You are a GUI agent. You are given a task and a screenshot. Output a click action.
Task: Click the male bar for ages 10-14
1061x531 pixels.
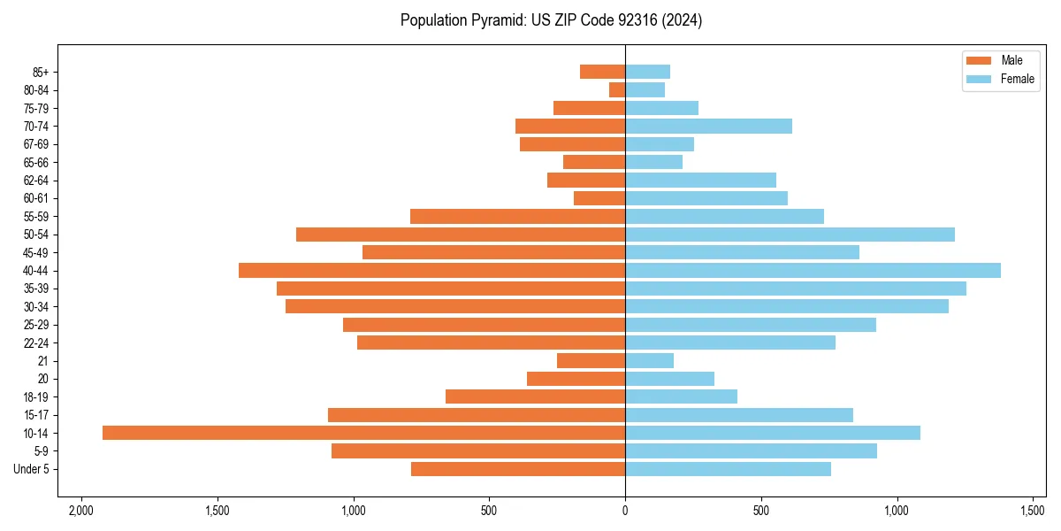363,433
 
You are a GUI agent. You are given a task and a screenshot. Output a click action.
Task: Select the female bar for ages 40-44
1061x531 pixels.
813,270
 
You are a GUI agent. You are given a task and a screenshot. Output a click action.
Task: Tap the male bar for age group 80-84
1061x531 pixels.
617,89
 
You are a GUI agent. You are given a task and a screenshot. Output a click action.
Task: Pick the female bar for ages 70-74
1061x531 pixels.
708,126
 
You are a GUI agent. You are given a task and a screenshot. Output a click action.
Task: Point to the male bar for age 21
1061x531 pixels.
591,360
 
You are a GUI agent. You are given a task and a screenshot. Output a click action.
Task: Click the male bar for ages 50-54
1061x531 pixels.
461,235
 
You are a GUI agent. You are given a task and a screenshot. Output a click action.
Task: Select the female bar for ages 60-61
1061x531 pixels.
706,198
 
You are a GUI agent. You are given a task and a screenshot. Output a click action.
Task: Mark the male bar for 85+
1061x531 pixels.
602,72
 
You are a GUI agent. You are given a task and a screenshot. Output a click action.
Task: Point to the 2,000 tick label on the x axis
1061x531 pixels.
81,512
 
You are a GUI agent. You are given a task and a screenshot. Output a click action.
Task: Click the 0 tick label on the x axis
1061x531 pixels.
625,512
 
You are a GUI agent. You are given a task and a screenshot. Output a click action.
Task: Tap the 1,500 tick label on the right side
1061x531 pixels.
1033,512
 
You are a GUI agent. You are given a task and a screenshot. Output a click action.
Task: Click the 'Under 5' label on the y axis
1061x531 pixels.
31,469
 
